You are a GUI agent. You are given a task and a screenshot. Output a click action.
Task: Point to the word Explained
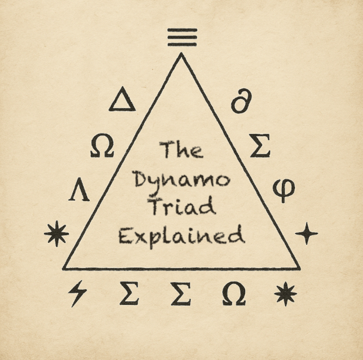[182, 236]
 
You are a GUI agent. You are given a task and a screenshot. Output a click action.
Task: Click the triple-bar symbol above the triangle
[182, 37]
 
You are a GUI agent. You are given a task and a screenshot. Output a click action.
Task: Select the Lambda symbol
[79, 189]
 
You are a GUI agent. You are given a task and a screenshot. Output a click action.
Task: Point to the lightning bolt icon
[78, 293]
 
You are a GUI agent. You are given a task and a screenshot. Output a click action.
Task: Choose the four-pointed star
[306, 234]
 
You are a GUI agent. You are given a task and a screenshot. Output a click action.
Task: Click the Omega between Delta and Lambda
[102, 146]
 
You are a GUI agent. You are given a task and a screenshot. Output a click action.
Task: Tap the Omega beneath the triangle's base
[234, 293]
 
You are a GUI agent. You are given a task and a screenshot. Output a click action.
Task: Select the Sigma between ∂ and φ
[260, 146]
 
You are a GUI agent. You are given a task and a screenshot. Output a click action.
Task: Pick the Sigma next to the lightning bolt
[129, 293]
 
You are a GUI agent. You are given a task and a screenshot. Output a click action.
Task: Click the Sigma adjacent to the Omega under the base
[181, 293]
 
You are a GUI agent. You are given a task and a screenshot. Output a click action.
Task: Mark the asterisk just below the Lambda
[57, 234]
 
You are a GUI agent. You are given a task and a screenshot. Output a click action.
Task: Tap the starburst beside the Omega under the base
[285, 293]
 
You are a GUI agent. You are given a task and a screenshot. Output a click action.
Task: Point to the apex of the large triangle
[181, 53]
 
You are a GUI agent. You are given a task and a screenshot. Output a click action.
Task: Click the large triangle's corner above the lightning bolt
[63, 269]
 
